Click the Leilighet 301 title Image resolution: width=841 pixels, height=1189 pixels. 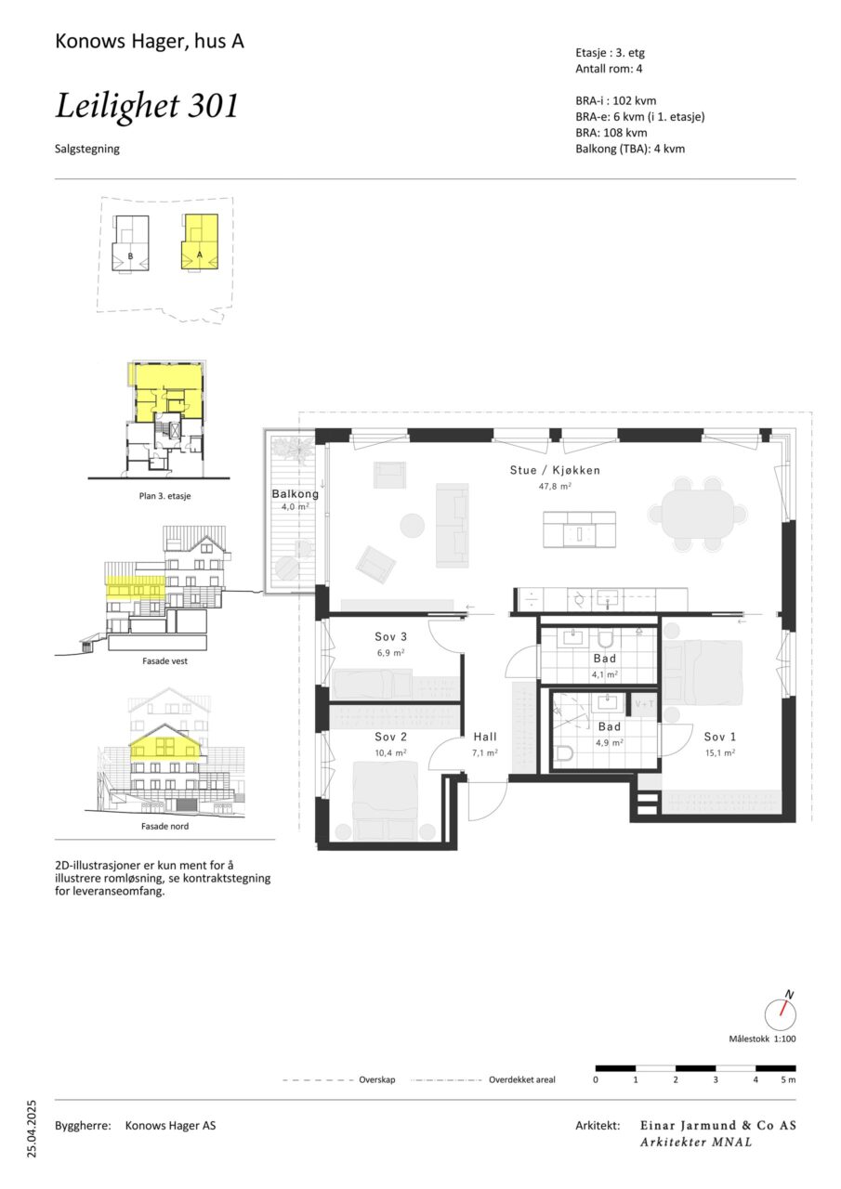pos(147,106)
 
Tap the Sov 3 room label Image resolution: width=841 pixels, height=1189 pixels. pos(391,636)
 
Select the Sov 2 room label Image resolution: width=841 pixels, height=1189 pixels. pos(391,737)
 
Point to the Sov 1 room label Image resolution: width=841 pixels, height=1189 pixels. pos(720,737)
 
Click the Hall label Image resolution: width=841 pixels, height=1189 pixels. pos(485,737)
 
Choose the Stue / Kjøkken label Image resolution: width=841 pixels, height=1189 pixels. pos(555,470)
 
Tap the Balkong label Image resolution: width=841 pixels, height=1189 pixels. pos(296,494)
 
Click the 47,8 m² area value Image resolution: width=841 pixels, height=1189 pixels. pos(555,486)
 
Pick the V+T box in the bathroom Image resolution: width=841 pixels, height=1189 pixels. pos(644,704)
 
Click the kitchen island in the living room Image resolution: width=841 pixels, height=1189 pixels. pos(579,529)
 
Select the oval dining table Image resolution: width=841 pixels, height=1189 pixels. pos(698,515)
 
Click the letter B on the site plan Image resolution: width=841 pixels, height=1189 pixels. pos(131,256)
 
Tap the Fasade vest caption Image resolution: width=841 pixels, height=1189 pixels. pos(164,661)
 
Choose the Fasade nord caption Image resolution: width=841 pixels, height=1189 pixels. pos(164,827)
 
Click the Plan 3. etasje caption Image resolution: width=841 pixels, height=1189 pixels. pos(164,496)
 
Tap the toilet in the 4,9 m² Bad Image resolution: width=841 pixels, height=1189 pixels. pos(564,754)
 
